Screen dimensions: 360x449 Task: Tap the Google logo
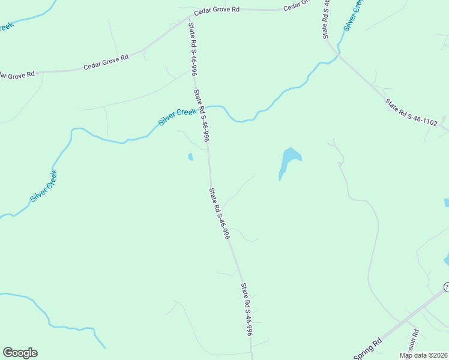[20, 353]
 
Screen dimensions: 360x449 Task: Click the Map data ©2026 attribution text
[423, 355]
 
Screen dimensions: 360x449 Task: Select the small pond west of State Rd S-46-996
[190, 157]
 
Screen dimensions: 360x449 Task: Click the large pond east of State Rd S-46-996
[289, 160]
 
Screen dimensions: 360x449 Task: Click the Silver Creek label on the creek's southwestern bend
[43, 186]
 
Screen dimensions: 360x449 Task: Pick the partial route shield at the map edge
[447, 287]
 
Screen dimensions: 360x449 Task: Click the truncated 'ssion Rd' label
[413, 341]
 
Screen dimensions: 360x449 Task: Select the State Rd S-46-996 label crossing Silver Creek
[202, 115]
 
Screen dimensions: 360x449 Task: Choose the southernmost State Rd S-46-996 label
[247, 310]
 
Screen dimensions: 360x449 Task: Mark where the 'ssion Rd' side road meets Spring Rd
[406, 322]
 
